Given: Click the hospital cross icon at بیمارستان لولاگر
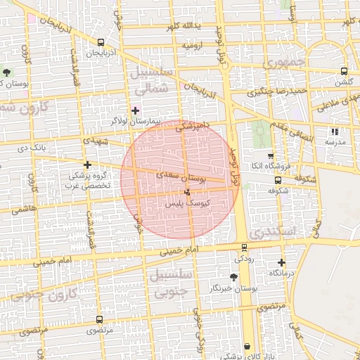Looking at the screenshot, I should [x=135, y=110].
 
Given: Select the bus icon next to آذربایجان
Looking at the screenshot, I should [x=101, y=42].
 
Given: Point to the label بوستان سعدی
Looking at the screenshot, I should [x=182, y=178].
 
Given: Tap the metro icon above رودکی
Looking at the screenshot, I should [x=244, y=247].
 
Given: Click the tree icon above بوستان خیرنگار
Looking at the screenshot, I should [x=233, y=277].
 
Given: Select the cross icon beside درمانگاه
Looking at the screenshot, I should [x=282, y=262].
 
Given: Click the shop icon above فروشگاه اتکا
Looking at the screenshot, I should [x=271, y=155].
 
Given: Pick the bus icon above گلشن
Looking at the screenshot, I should [x=344, y=71].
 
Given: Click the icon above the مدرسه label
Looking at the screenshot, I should [x=335, y=131].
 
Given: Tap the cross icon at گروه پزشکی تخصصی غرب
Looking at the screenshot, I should [x=87, y=164].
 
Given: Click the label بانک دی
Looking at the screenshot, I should [x=35, y=148].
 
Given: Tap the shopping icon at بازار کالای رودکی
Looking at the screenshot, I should [x=247, y=346].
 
